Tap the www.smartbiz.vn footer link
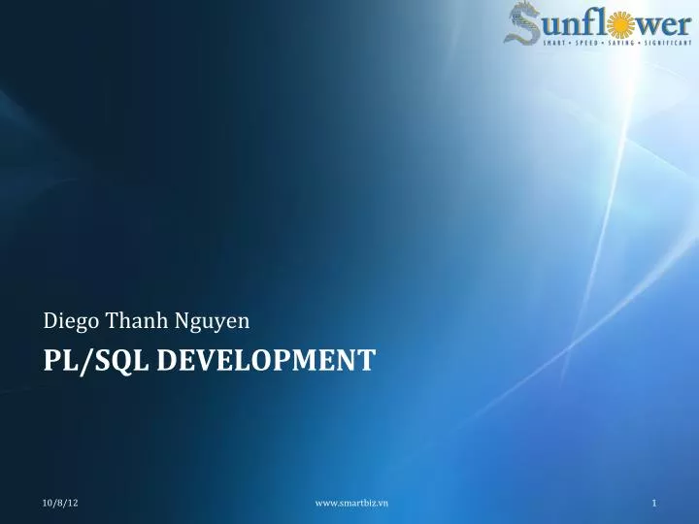(x=352, y=502)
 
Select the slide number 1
(x=655, y=502)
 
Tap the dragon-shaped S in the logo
(x=525, y=24)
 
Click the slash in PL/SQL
(x=86, y=362)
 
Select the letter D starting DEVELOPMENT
(x=165, y=361)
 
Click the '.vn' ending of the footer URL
(x=383, y=502)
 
